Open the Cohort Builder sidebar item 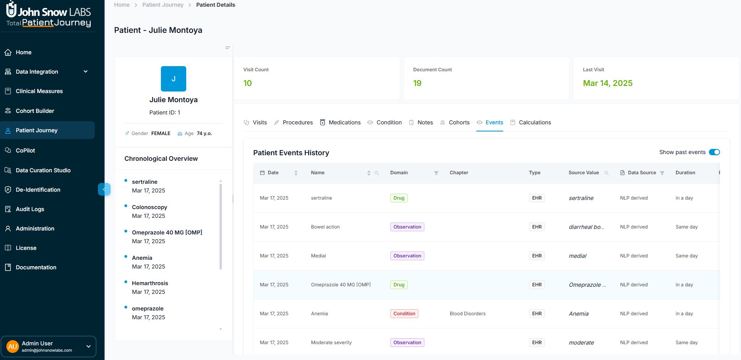[35, 111]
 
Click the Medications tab [344, 122]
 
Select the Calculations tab [535, 122]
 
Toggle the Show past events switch [714, 152]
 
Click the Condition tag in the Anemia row [404, 314]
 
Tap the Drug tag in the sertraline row [399, 198]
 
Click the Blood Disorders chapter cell [468, 314]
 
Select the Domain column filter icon [436, 173]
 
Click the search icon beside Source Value [606, 173]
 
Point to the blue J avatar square [174, 79]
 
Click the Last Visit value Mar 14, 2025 [607, 83]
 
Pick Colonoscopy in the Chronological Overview [149, 207]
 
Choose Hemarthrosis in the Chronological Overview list [150, 283]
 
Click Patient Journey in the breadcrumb [163, 5]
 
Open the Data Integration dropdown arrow [86, 72]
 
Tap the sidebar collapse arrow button [104, 189]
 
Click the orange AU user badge [13, 347]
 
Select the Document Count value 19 [417, 83]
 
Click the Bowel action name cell [325, 227]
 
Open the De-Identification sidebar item [38, 190]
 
